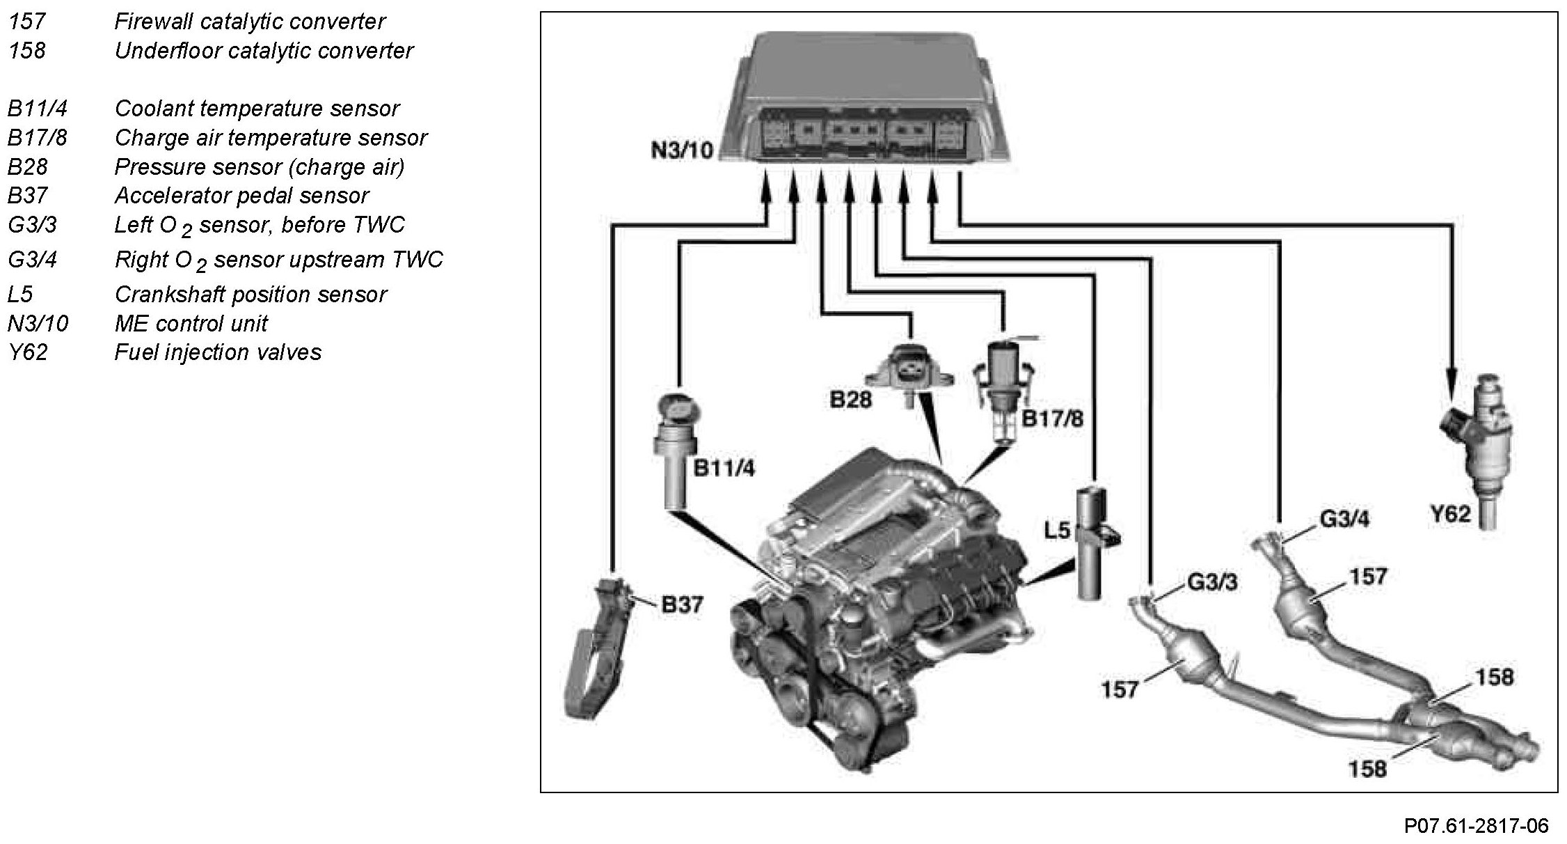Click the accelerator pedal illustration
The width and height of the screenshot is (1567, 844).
pos(600,647)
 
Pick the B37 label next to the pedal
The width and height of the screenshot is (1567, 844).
pos(682,604)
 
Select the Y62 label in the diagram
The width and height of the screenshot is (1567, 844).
pos(1449,514)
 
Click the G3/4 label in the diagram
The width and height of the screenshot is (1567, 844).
pos(1344,519)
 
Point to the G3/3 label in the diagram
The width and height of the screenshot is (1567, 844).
pos(1212,582)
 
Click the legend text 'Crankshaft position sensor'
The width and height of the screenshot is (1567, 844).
pos(250,295)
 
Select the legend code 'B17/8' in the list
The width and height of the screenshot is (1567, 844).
pos(38,138)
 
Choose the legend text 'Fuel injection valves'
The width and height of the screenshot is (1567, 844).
pos(218,352)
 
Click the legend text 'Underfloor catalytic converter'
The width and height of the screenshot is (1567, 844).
pos(264,51)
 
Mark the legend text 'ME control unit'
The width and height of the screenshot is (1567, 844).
pos(191,324)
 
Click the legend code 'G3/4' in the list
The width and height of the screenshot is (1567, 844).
pos(32,260)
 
